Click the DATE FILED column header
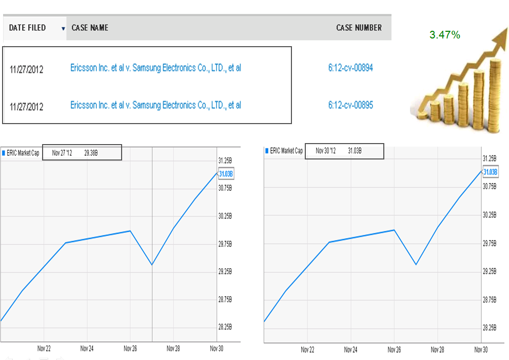click(x=27, y=28)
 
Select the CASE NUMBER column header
click(x=359, y=28)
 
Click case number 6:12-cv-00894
click(x=350, y=68)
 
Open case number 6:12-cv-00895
click(x=350, y=105)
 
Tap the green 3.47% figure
click(x=445, y=35)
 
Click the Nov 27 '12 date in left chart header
click(x=62, y=153)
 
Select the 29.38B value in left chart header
click(x=91, y=153)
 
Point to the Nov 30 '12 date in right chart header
click(x=326, y=151)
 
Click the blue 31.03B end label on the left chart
click(x=226, y=174)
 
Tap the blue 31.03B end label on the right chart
click(x=490, y=172)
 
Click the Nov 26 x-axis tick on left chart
click(x=130, y=349)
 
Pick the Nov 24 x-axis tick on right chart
click(x=350, y=350)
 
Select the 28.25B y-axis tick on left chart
click(x=225, y=327)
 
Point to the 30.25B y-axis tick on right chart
click(x=490, y=215)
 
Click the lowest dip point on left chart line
click(x=152, y=265)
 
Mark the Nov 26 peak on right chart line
click(x=394, y=230)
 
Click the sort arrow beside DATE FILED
click(x=63, y=29)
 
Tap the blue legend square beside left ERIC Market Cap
click(x=4, y=153)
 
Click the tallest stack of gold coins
click(x=495, y=96)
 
